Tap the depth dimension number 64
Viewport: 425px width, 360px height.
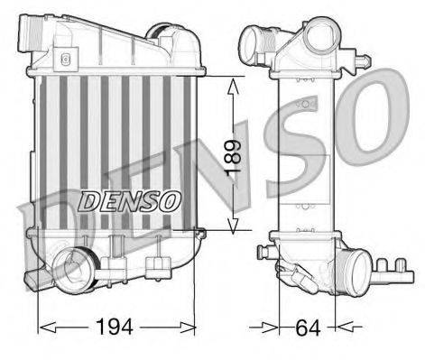(x=307, y=326)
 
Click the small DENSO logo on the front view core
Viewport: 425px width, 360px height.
(x=132, y=198)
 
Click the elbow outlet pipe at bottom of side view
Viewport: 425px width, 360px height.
(x=356, y=270)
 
